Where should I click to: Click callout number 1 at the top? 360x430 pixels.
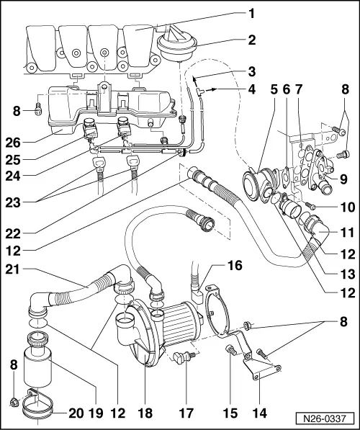point(251,12)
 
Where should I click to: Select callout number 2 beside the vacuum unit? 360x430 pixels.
point(251,40)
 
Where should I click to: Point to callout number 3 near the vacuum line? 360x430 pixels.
point(251,71)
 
